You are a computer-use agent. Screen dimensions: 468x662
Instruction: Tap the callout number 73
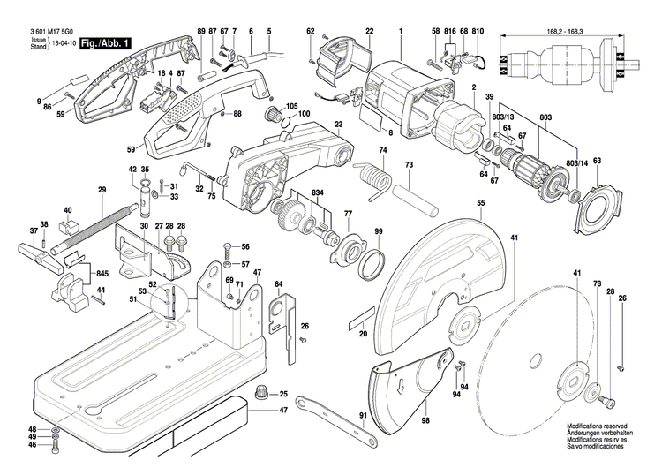[x=408, y=165]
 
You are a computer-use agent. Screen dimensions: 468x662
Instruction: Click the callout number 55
[x=480, y=204]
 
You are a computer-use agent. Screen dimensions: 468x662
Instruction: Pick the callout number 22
[x=369, y=32]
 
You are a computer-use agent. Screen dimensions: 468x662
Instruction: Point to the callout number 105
[x=291, y=106]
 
